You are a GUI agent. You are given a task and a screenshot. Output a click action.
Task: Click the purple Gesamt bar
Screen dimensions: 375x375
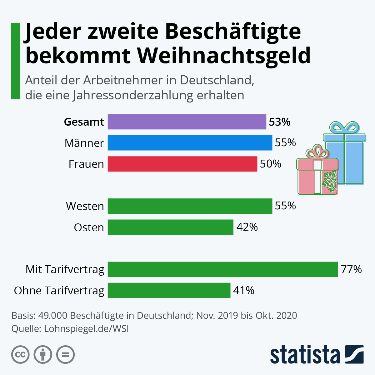[x=187, y=122]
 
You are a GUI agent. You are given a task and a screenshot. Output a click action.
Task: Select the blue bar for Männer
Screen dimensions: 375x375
[x=190, y=143]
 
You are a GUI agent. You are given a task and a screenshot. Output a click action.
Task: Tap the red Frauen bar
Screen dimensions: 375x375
[x=182, y=164]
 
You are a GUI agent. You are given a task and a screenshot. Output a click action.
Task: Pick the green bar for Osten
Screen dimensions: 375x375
[x=171, y=227]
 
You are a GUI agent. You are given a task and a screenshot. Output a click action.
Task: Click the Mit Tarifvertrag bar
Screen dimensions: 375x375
[x=223, y=269]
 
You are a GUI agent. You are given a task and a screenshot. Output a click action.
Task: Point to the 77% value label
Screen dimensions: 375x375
[x=351, y=269]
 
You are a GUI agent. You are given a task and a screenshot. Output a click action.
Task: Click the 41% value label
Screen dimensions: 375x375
[x=244, y=290]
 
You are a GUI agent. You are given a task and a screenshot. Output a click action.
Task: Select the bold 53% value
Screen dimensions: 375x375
[x=280, y=122]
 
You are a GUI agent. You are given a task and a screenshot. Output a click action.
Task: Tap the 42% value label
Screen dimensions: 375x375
[x=247, y=227]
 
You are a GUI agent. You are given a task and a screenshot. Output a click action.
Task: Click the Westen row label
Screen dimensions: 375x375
[x=85, y=206]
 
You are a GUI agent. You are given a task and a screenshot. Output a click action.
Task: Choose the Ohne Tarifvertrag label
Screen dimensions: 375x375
[x=59, y=291]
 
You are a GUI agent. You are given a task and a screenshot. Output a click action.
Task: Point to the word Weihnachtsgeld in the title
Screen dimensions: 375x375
[x=224, y=55]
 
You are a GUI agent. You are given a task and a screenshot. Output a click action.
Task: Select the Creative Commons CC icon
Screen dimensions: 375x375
[x=20, y=355]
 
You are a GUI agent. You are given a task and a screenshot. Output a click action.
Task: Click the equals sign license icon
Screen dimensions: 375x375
[x=65, y=355]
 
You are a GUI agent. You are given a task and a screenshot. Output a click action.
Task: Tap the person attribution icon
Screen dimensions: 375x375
[x=43, y=355]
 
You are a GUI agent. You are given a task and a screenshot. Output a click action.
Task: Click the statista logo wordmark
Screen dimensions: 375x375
[x=305, y=355]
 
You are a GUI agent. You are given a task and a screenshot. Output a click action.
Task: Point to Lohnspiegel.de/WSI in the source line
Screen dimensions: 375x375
[x=86, y=329]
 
